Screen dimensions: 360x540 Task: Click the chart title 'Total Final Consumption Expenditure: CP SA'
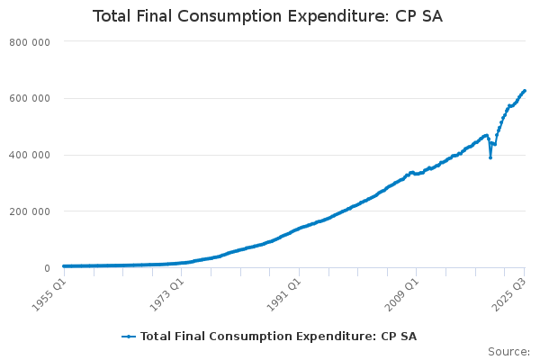coord(267,17)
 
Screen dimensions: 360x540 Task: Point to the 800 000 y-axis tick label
coord(30,42)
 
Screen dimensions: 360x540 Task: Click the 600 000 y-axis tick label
coord(30,99)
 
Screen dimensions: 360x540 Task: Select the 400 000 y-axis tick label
coord(30,155)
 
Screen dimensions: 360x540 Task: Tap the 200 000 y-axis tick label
coord(30,211)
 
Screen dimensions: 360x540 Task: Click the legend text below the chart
coord(278,337)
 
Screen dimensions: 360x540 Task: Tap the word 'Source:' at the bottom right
coord(508,352)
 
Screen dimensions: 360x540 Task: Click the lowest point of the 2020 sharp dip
coord(490,157)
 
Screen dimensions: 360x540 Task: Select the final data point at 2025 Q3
coord(525,91)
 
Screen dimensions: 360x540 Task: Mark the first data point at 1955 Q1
coord(63,266)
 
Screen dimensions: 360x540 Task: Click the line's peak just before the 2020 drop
coord(487,135)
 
